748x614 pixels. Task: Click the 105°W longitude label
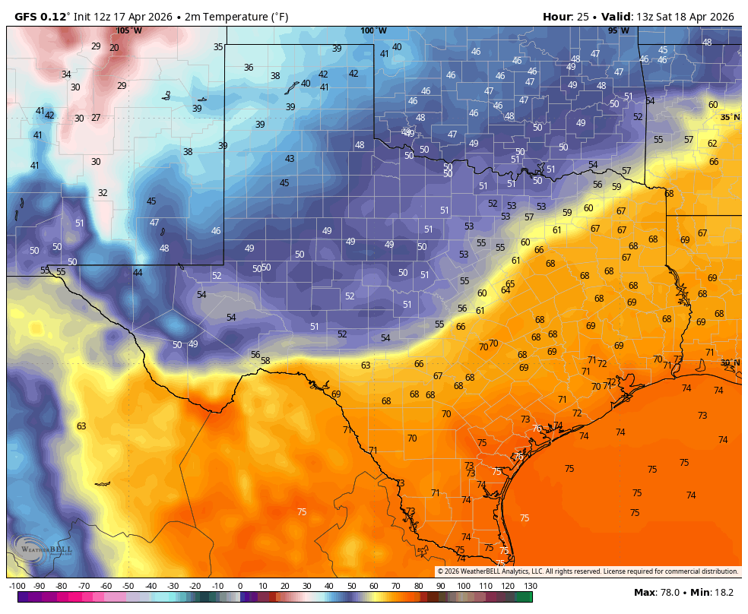129,30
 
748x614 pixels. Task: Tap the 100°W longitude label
373,30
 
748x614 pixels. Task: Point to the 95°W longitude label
618,30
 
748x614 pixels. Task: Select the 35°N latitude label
730,117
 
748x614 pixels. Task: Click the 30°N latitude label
730,362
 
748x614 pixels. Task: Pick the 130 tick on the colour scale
531,586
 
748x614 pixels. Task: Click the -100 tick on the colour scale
17,586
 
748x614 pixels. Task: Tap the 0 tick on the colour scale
240,586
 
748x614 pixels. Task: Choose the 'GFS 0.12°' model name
43,17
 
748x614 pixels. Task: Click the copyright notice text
587,571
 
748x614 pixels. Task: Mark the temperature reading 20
114,47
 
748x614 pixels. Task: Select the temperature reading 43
290,159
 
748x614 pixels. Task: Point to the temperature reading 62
712,143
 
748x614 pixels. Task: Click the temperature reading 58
265,360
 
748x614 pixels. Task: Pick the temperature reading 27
96,118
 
